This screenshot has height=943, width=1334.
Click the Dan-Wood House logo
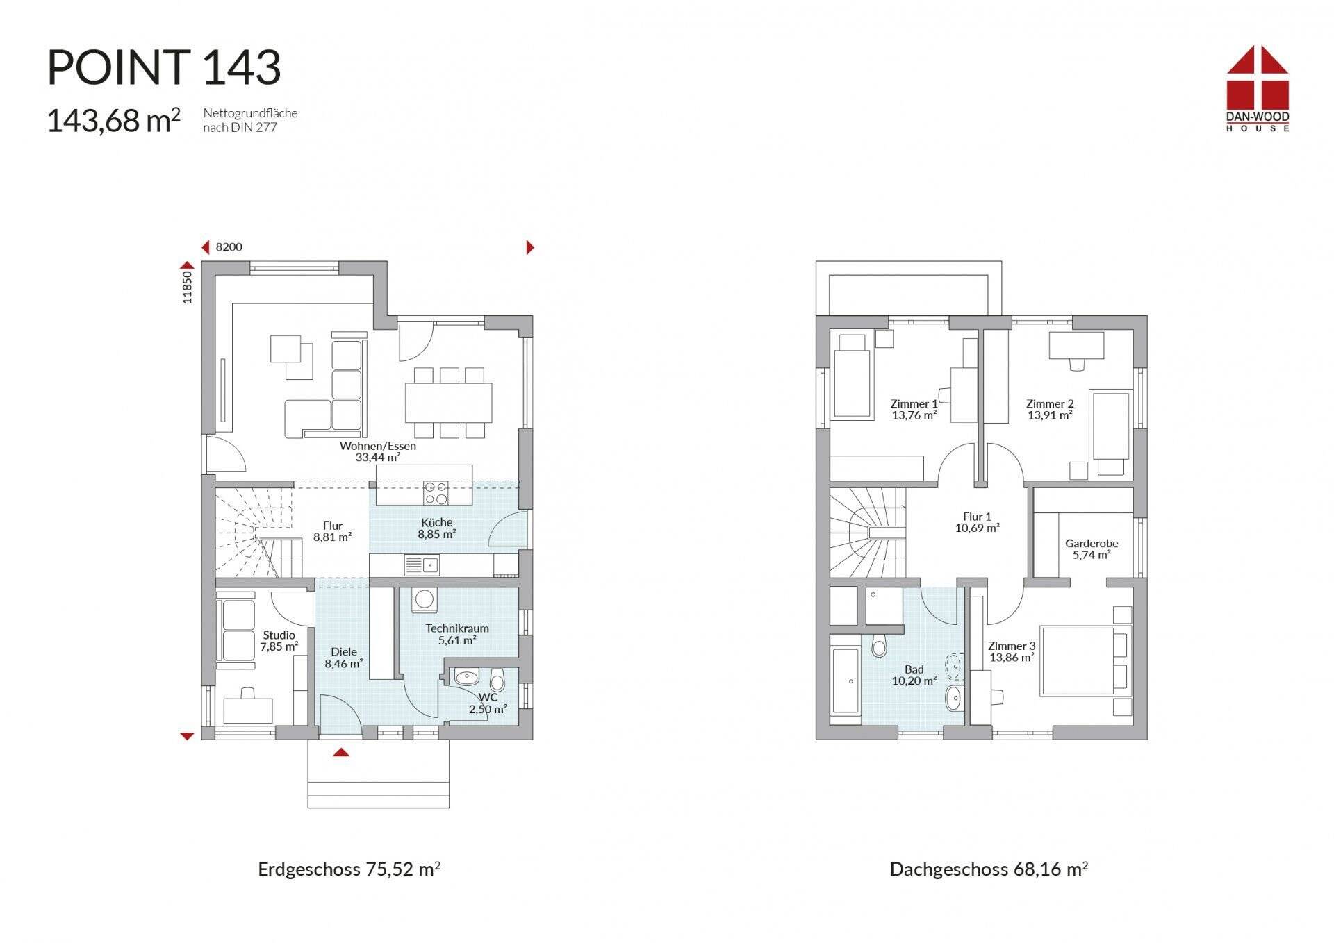1257,88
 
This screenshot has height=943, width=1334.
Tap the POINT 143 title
164,67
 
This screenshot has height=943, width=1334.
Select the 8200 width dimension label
229,247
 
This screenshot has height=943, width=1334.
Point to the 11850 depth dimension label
186,287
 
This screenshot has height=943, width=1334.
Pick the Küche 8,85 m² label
436,528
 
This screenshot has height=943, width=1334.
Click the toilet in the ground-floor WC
497,680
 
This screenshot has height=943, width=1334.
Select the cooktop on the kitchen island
436,493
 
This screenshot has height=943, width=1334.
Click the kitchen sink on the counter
421,565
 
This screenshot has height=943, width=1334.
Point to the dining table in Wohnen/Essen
449,402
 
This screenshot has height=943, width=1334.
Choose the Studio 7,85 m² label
279,641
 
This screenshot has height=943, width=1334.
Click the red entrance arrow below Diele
340,752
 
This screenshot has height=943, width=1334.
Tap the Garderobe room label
1092,549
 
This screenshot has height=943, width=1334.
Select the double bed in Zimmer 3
1085,660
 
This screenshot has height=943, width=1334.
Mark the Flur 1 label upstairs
977,522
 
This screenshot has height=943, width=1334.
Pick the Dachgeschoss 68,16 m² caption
989,869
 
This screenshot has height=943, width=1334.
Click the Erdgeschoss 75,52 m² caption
349,869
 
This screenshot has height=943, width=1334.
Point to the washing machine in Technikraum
425,600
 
